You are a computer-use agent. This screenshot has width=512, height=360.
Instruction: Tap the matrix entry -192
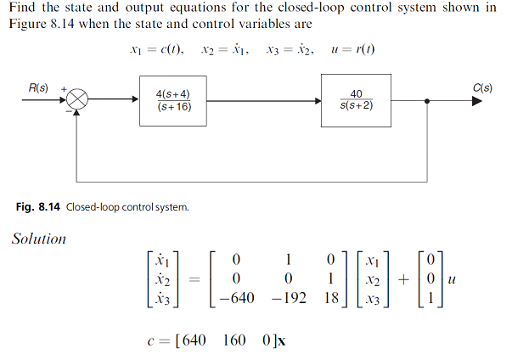coord(285,299)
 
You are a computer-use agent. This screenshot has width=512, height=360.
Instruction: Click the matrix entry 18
coord(333,299)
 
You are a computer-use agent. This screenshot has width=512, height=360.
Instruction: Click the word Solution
coord(38,239)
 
